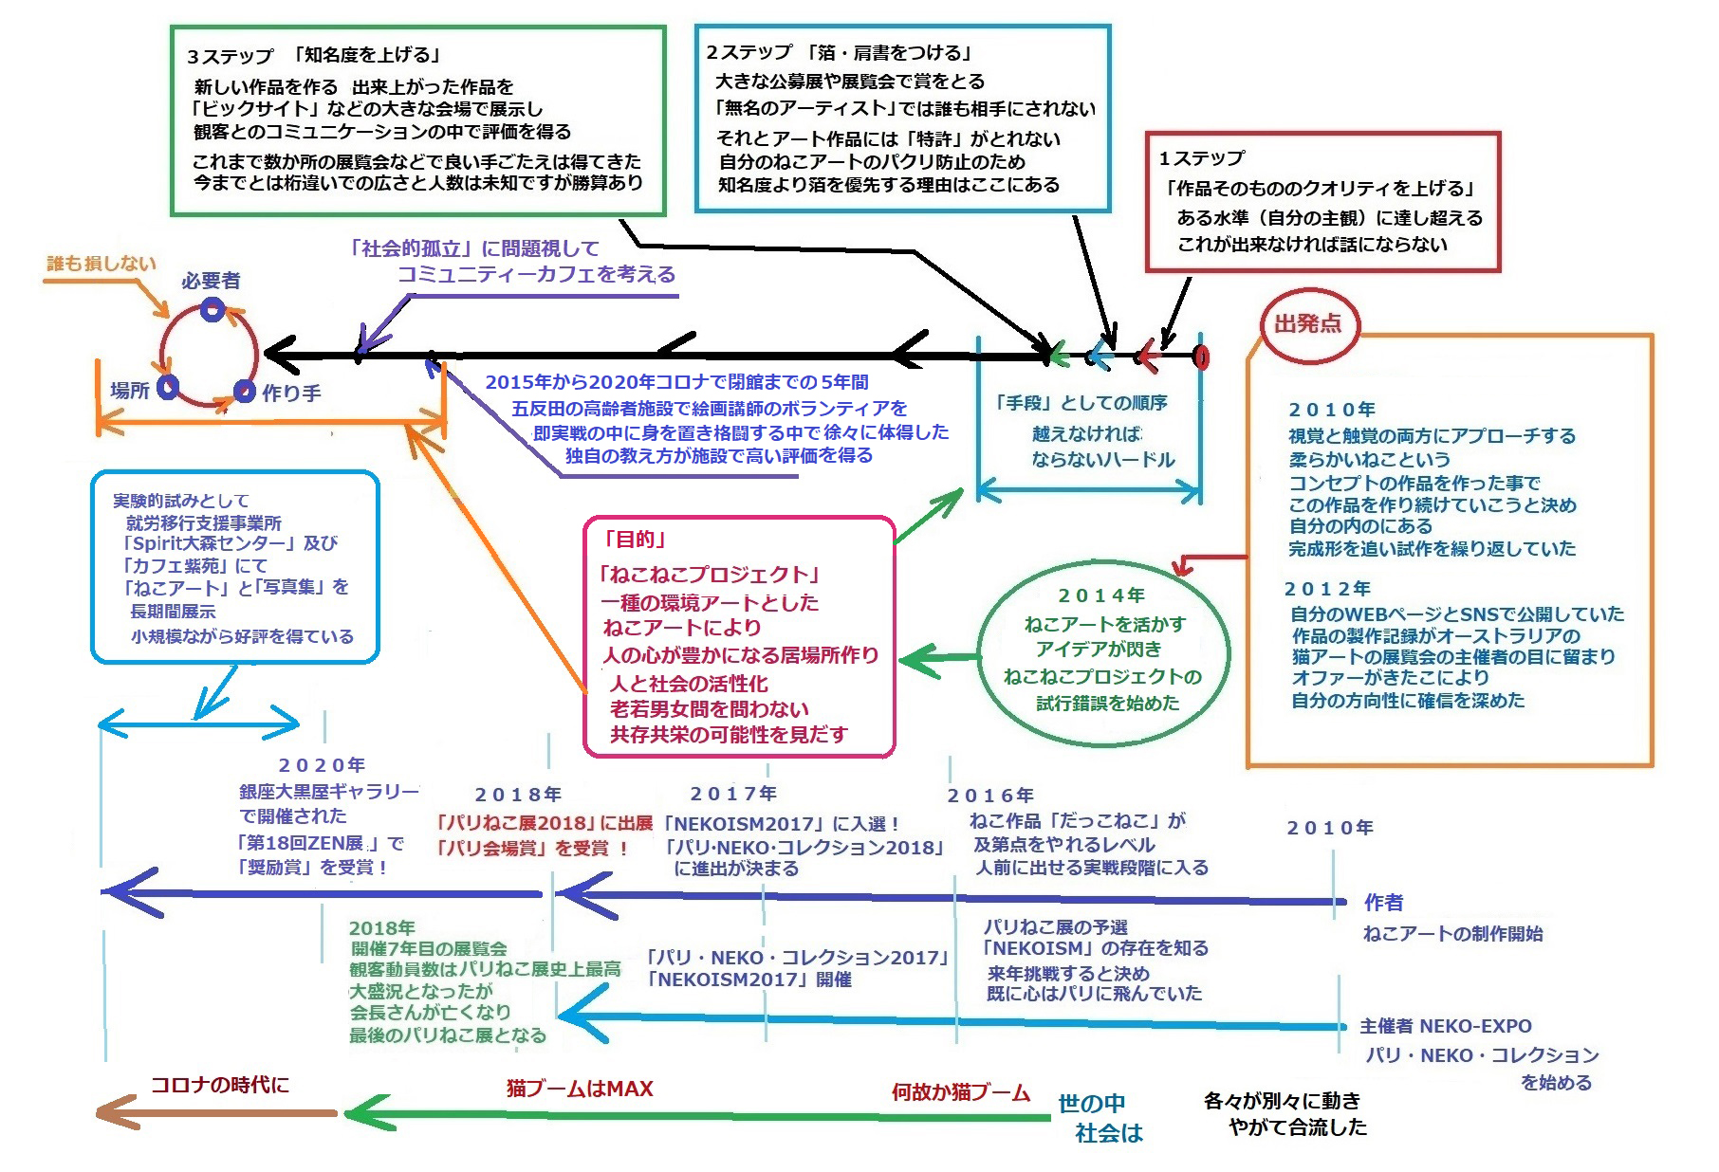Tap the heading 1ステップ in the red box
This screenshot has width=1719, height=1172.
click(1201, 158)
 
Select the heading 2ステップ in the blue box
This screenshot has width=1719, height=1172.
click(749, 53)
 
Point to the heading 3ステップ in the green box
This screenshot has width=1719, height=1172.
click(231, 57)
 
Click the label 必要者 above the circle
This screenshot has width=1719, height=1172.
click(211, 281)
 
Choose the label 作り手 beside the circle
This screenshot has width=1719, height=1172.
click(292, 393)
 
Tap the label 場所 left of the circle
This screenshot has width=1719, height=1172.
click(130, 390)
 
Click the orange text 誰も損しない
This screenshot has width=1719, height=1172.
click(102, 264)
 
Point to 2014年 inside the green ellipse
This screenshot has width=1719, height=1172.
click(1101, 595)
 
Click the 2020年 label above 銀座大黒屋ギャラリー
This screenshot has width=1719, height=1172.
click(322, 765)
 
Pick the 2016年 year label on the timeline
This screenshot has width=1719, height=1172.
click(990, 796)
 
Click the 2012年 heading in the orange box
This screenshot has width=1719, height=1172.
click(1327, 589)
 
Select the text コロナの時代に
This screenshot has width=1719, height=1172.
click(220, 1085)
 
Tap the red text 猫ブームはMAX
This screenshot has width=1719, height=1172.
click(580, 1089)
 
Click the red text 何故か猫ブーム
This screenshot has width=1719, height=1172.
click(960, 1092)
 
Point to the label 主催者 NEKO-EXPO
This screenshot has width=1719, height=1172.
click(1445, 1026)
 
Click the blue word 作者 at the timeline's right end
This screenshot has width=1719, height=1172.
click(1383, 903)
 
